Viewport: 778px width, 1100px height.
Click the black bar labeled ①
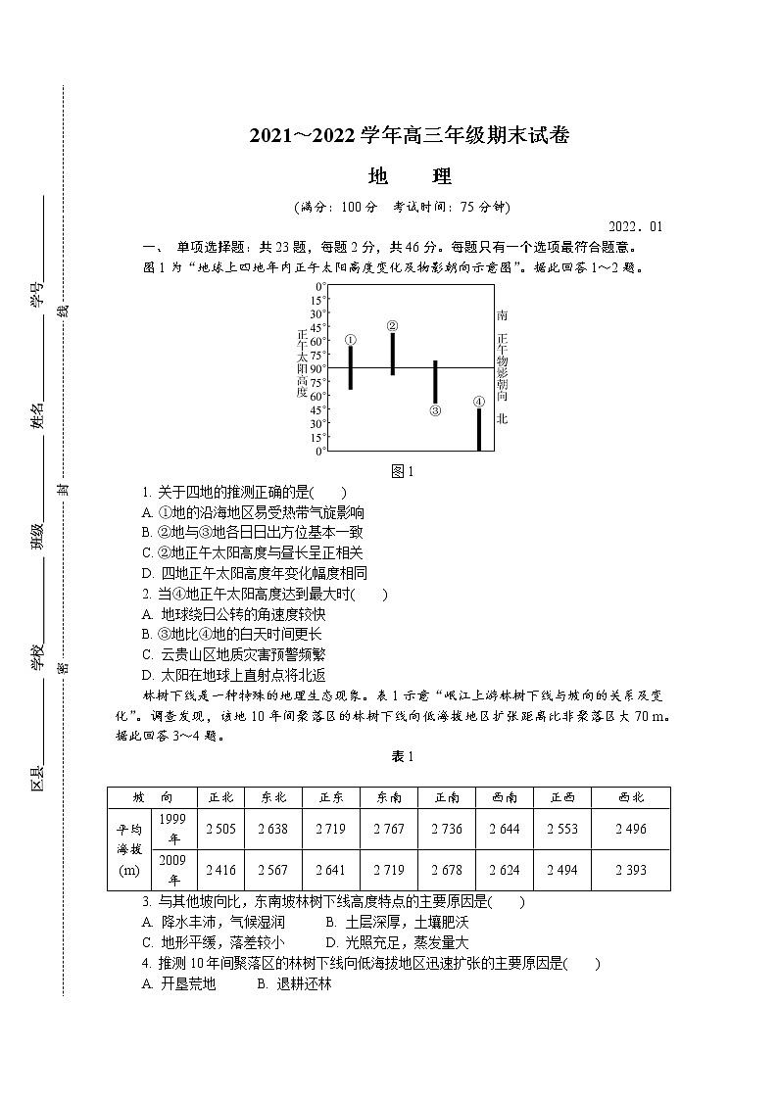tap(350, 367)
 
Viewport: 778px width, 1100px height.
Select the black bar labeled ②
tap(393, 354)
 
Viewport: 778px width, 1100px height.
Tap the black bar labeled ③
tap(435, 382)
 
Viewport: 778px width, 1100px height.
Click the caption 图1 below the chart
tap(403, 471)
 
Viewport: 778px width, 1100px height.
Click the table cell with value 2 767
tap(389, 829)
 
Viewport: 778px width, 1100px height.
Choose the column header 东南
tap(389, 797)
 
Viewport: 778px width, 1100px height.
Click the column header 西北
tap(631, 797)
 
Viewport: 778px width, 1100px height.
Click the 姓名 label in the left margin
tap(37, 416)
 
